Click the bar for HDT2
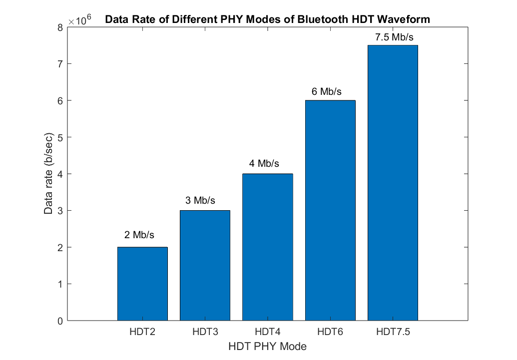142,284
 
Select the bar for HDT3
205,265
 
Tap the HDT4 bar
267,247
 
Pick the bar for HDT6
330,210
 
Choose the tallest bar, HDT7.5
393,183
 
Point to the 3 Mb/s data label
200,201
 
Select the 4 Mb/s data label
264,164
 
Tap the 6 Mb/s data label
327,91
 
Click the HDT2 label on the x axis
142,332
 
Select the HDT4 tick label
267,332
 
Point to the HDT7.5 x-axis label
393,332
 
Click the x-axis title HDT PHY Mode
267,346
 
